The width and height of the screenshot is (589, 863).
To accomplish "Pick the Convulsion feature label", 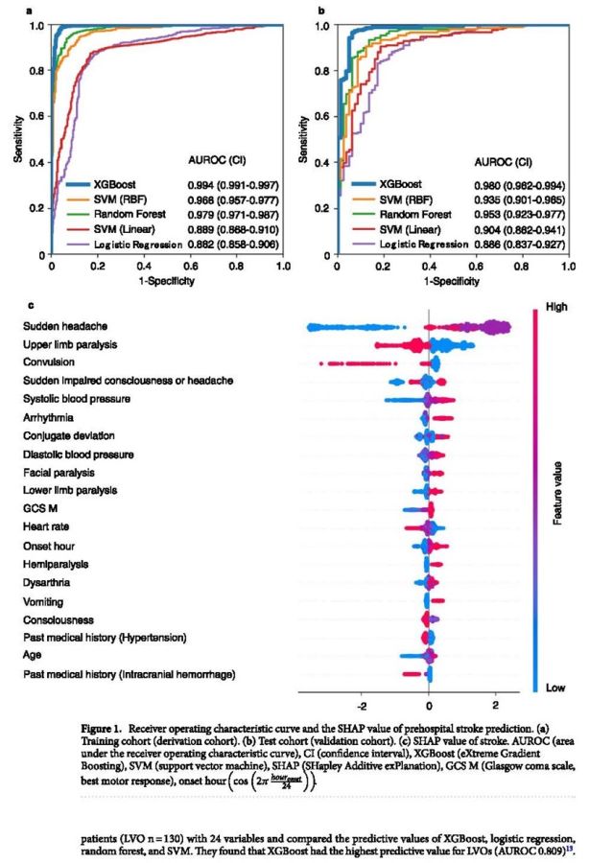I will point(49,362).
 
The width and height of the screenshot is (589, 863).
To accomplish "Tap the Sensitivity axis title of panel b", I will point(304,140).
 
